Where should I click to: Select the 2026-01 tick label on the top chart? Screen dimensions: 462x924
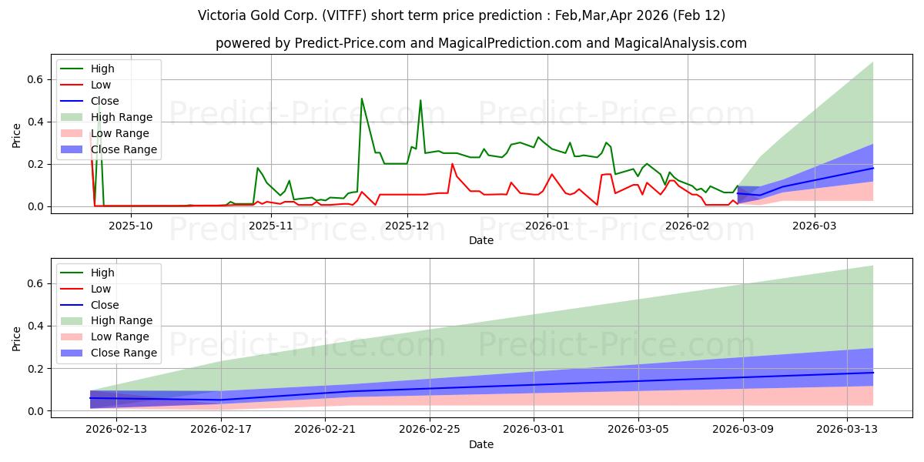(x=547, y=226)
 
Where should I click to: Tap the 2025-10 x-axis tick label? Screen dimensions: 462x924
(x=131, y=226)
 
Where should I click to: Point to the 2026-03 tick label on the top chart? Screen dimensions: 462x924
(x=815, y=226)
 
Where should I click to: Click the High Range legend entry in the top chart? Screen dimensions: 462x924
(x=127, y=117)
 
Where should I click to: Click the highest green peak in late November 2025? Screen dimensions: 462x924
(x=362, y=99)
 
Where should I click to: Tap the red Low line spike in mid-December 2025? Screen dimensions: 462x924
(x=452, y=164)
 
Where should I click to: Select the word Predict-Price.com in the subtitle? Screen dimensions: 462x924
(x=350, y=43)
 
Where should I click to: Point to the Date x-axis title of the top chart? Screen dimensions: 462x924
(x=481, y=240)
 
